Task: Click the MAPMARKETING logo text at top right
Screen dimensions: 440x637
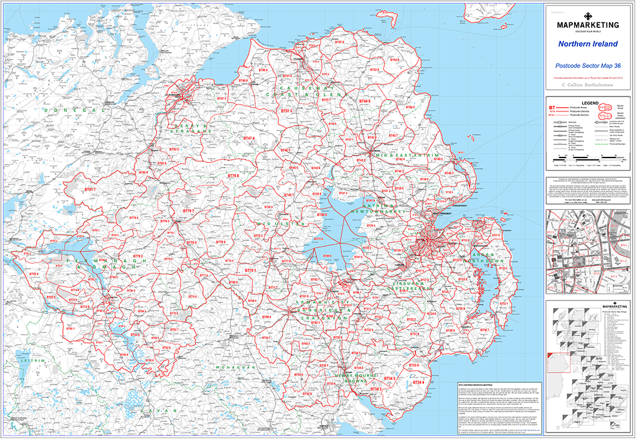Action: [587, 26]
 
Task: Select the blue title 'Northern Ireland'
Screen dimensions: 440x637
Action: [587, 44]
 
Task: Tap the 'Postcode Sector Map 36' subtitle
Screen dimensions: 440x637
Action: [587, 65]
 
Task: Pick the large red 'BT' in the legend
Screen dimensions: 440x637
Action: [552, 108]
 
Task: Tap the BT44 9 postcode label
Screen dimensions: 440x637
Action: [365, 101]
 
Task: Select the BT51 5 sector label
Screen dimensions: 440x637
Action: [286, 110]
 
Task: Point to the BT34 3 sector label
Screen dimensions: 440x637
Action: [376, 390]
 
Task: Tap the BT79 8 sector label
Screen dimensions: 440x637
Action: [234, 176]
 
